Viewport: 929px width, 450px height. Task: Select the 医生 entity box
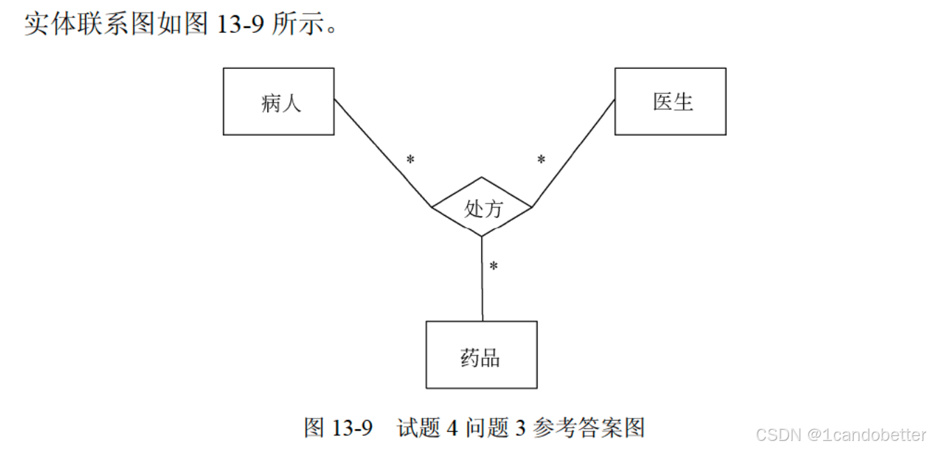(670, 101)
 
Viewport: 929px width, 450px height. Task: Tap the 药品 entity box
(481, 355)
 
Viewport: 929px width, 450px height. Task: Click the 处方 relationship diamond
(482, 206)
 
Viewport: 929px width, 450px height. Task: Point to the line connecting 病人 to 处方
(382, 153)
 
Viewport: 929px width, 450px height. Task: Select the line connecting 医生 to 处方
(573, 153)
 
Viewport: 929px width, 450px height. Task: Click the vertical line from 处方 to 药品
(482, 279)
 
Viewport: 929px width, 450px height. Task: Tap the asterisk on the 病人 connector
(410, 160)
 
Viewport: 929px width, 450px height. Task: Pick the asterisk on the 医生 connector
(541, 160)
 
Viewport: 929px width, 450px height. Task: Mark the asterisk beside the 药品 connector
(493, 267)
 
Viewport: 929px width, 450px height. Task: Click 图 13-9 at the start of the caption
(338, 427)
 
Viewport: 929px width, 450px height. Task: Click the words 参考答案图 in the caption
(589, 427)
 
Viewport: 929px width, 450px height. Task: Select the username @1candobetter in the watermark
(866, 435)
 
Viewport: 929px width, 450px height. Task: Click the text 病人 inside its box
(281, 104)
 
